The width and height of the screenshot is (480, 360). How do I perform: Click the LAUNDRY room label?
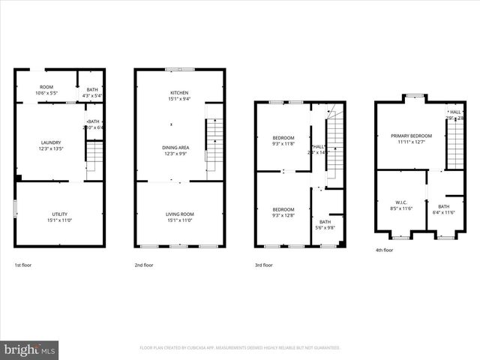pos(51,142)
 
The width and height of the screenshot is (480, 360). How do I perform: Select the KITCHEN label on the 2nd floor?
pos(179,93)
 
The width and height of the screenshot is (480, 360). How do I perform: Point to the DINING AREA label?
pos(175,148)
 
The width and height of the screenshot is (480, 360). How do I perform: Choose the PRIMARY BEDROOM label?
pos(409,136)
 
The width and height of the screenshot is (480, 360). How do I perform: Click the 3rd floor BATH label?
pos(325,222)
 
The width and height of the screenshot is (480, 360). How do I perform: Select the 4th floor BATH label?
pos(444,206)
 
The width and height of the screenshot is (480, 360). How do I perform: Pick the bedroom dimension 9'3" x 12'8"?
pos(283,215)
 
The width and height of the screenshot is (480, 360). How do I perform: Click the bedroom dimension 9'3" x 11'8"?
pos(283,143)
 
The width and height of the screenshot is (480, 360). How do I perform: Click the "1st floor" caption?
pos(23,265)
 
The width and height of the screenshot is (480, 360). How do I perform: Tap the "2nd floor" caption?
pos(144,265)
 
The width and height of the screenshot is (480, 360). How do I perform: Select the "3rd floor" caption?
pos(263,265)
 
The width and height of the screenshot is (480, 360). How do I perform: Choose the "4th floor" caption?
pos(383,250)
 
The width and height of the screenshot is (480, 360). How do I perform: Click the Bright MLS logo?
pos(30,349)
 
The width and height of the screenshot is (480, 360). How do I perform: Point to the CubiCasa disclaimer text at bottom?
pos(240,348)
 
